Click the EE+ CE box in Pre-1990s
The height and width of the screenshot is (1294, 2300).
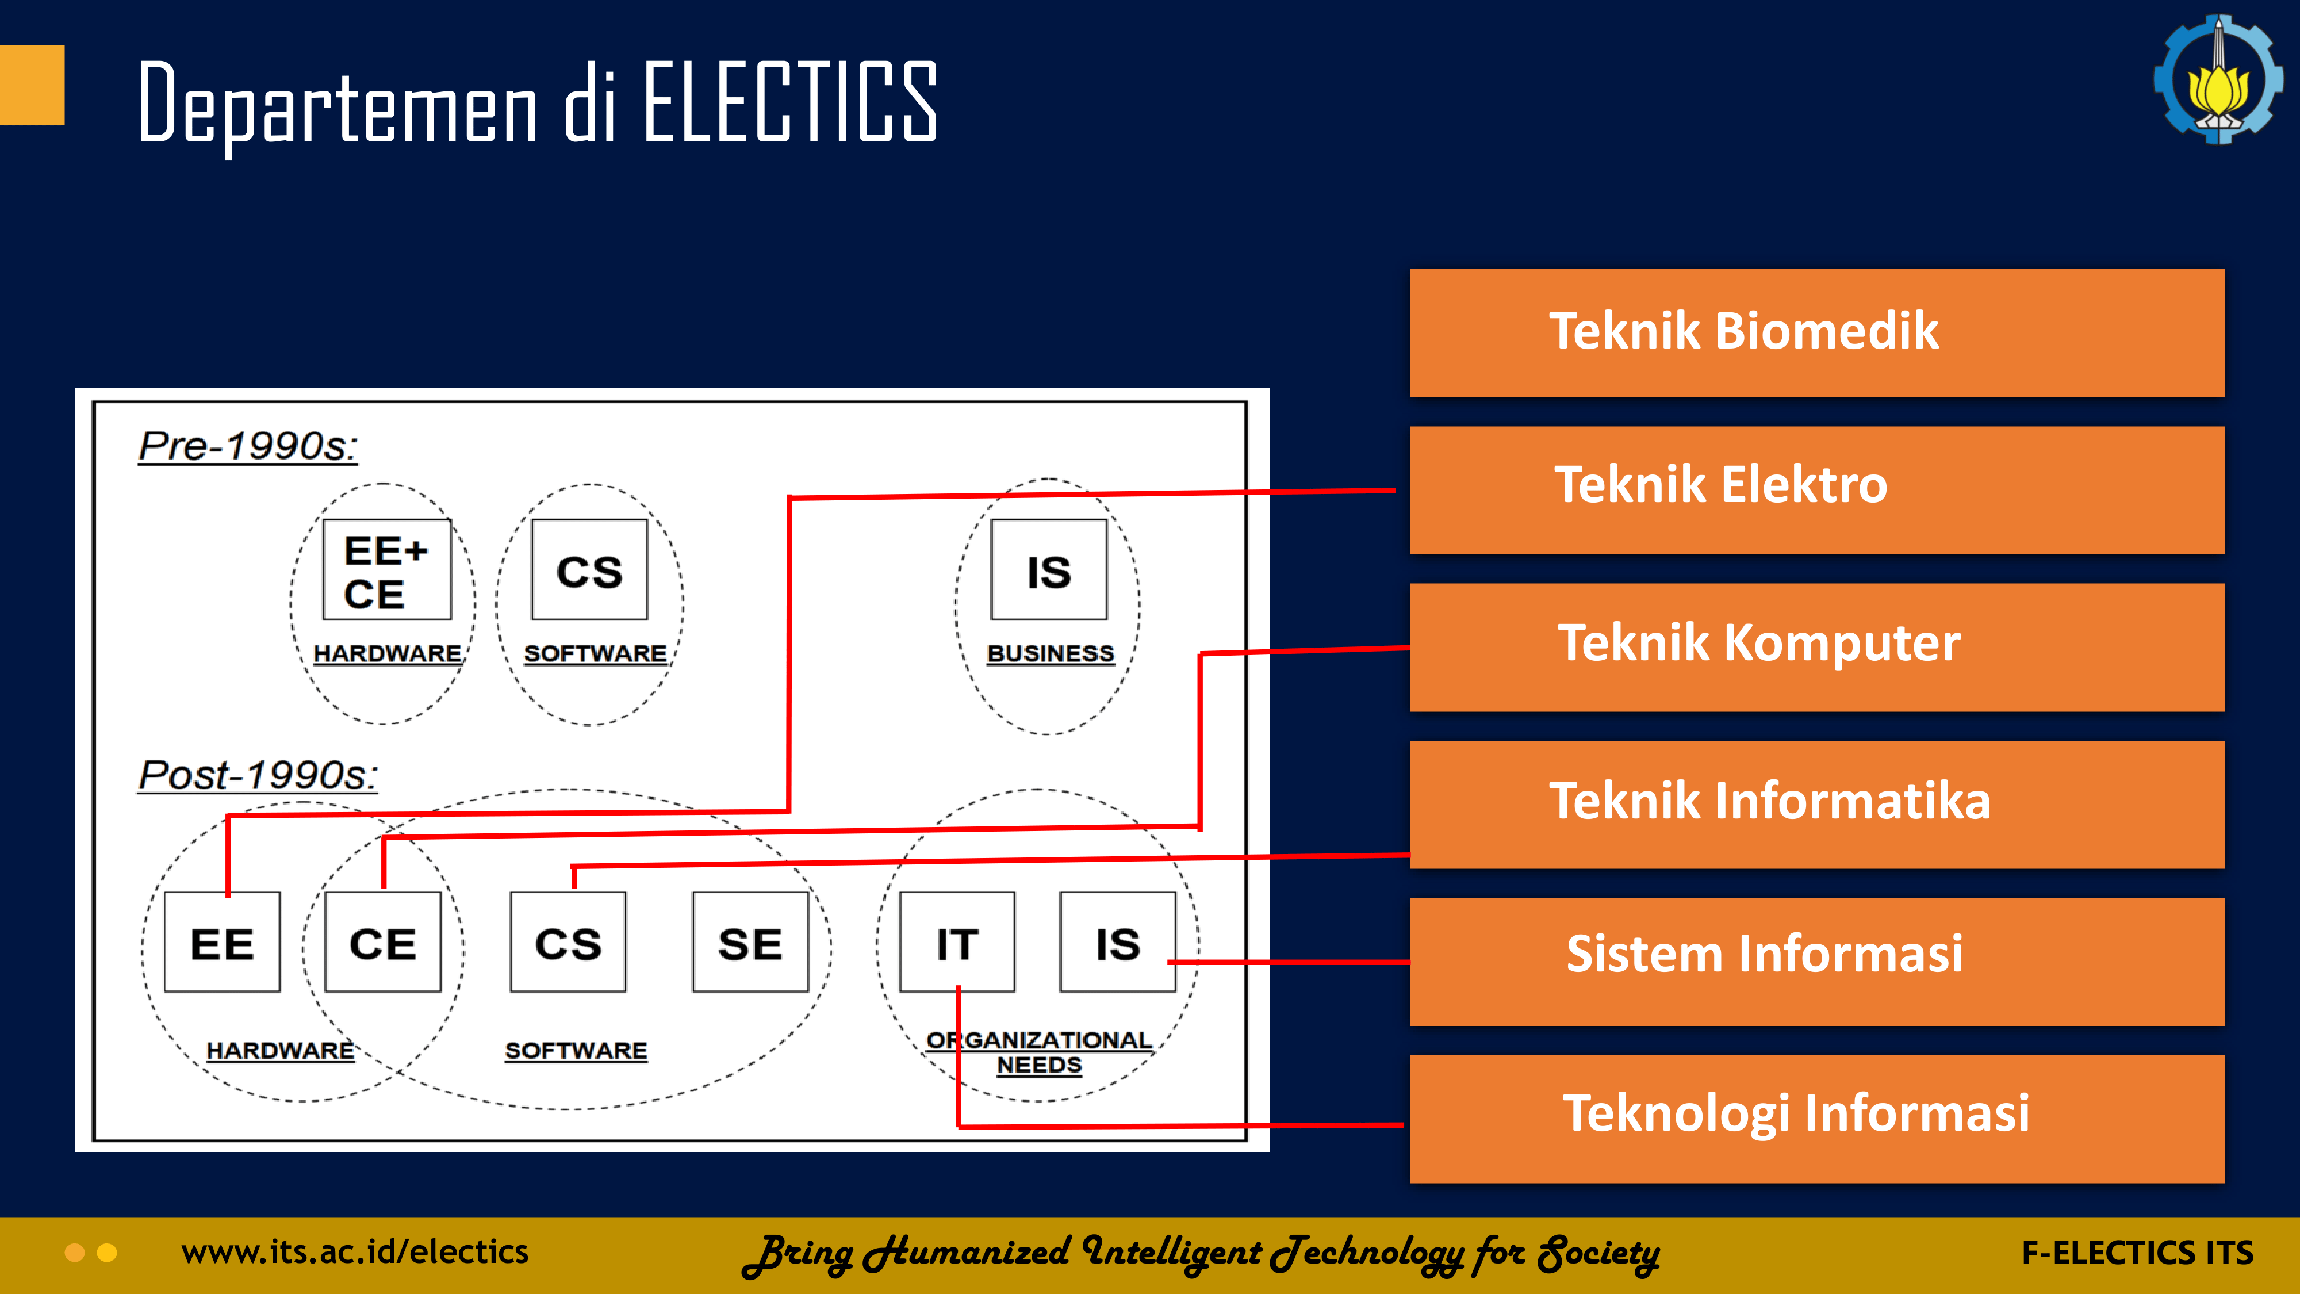click(x=386, y=570)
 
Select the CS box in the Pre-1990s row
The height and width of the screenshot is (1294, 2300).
click(x=589, y=570)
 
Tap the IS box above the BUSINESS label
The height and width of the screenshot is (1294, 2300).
click(x=1048, y=570)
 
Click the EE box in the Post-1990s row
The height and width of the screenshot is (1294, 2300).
click(x=223, y=941)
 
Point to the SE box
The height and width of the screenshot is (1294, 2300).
click(x=750, y=941)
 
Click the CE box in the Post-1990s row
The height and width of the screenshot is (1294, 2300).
click(x=383, y=941)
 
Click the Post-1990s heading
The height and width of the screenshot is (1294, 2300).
click(x=257, y=774)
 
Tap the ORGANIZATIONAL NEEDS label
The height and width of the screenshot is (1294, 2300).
click(x=1038, y=1052)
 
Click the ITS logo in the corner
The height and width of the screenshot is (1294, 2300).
click(x=2218, y=79)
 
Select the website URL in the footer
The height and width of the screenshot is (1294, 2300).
click(x=354, y=1252)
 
